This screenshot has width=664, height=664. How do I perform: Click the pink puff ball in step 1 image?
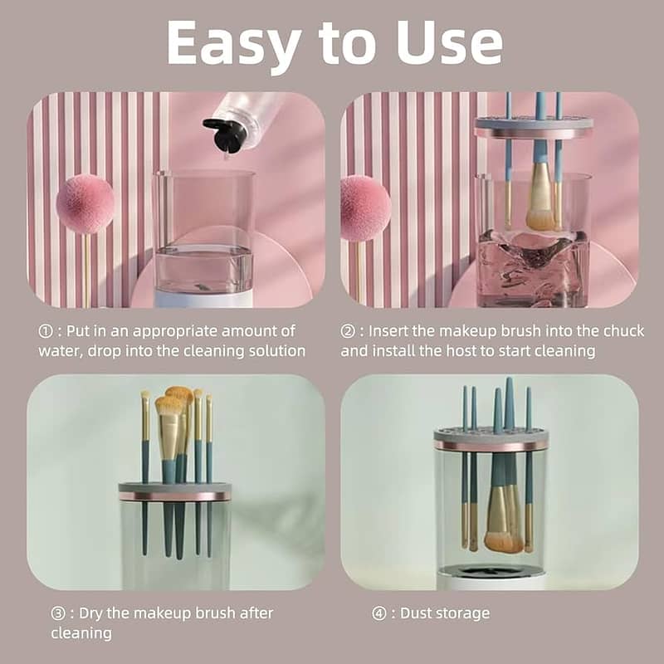85,204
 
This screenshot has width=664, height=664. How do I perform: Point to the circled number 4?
379,613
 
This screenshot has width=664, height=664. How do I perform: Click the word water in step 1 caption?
59,350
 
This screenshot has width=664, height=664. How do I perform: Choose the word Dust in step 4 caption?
417,613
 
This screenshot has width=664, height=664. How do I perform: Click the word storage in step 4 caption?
464,614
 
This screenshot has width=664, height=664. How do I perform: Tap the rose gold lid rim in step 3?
174,496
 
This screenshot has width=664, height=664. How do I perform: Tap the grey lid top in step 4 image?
491,434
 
